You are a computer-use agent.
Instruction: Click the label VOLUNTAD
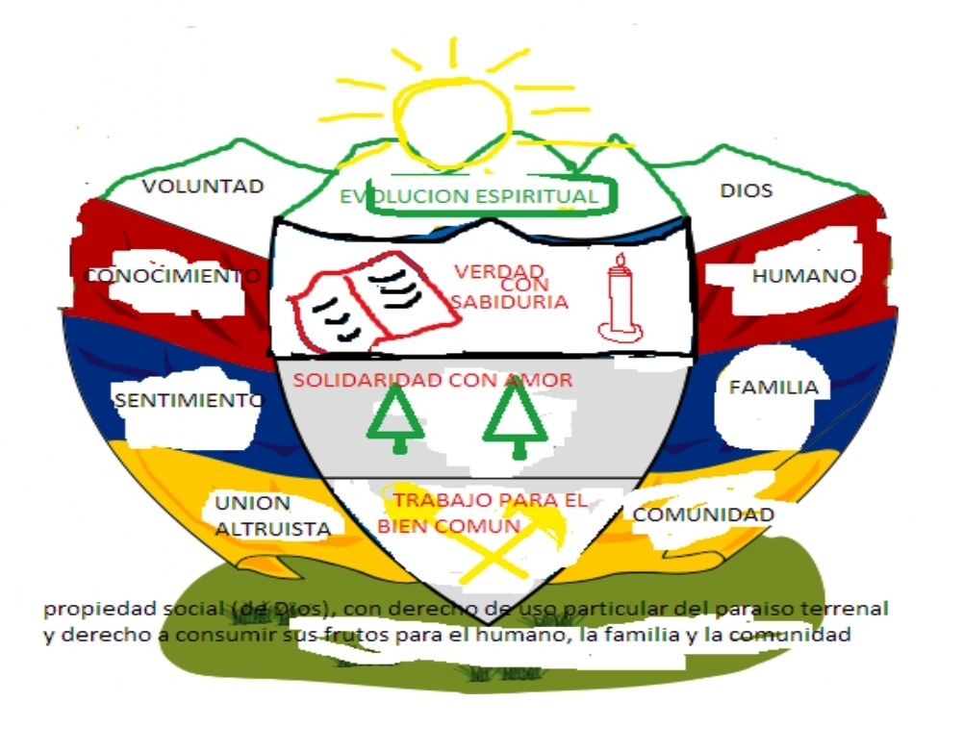click(203, 187)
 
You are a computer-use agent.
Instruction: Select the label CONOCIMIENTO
click(173, 276)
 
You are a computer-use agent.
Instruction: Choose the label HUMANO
click(803, 276)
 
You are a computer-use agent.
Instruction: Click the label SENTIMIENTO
click(188, 400)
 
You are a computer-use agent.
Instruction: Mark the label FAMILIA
click(773, 388)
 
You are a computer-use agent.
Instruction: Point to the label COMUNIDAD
click(703, 514)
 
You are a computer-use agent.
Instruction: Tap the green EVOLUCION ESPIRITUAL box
click(471, 196)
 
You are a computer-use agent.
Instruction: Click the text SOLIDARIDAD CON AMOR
click(433, 380)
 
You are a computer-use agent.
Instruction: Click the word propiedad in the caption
click(86, 610)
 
